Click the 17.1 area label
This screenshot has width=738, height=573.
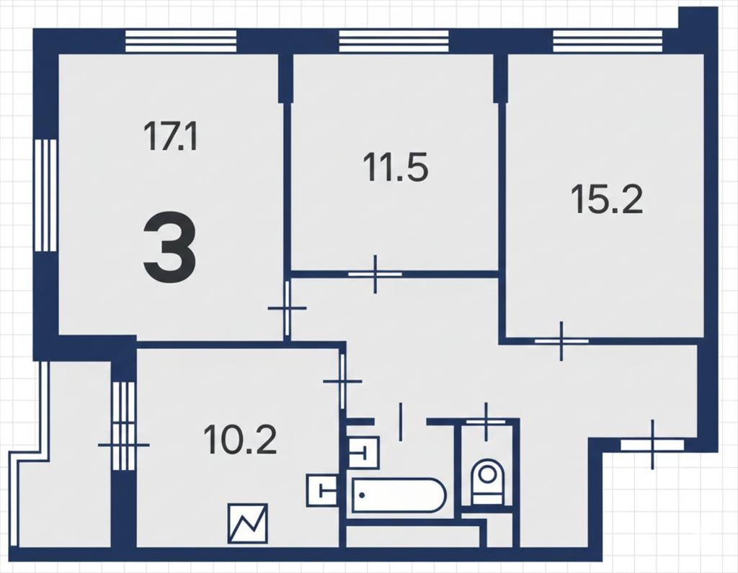[x=170, y=136]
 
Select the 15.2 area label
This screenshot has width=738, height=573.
[x=607, y=199]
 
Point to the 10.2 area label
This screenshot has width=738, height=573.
[x=240, y=439]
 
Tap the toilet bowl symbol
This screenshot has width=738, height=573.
[x=487, y=480]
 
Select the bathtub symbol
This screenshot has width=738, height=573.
[x=398, y=495]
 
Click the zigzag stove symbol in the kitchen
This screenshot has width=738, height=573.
[x=248, y=523]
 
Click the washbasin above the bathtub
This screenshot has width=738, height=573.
[x=363, y=452]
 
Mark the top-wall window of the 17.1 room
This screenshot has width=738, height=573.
[x=181, y=40]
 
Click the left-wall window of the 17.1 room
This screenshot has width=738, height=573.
[x=45, y=195]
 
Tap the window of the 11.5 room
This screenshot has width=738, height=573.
[x=394, y=40]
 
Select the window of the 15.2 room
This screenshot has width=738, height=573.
[x=608, y=40]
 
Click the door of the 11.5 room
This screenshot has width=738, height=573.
[x=375, y=274]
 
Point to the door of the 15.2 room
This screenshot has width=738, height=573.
[x=561, y=340]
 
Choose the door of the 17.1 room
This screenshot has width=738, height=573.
[x=287, y=308]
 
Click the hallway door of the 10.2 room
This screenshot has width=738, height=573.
[x=342, y=382]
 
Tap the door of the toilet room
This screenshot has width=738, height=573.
[x=486, y=422]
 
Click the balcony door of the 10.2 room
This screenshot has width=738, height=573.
[x=124, y=444]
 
